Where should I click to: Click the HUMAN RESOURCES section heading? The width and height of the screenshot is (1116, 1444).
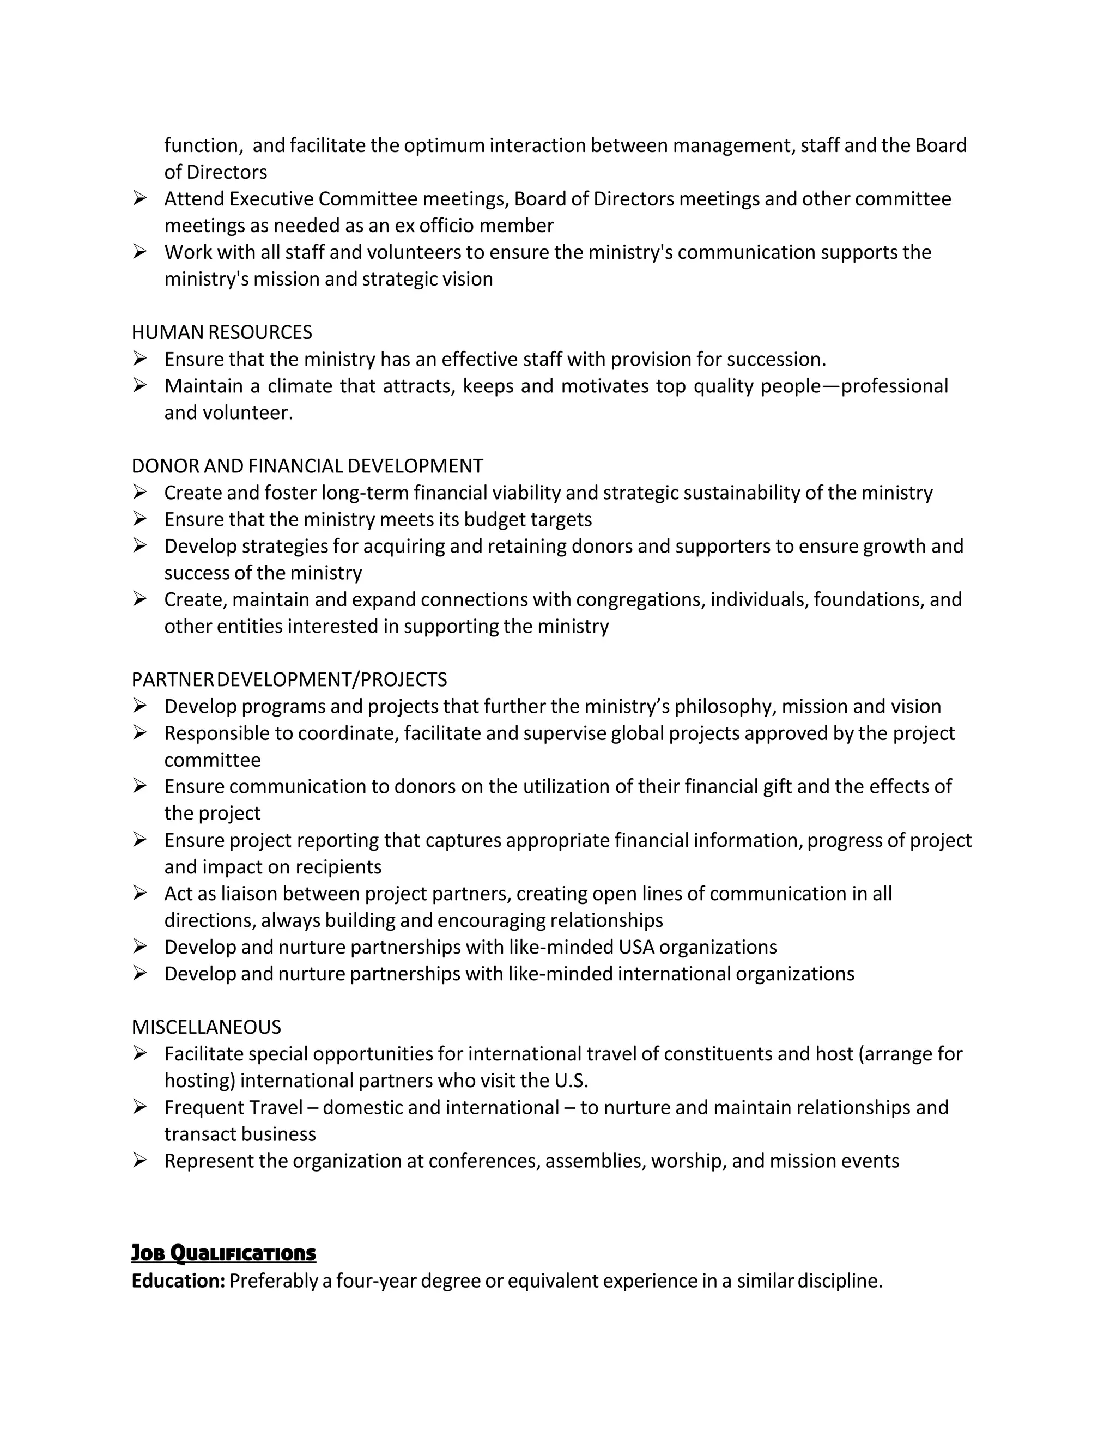click(221, 332)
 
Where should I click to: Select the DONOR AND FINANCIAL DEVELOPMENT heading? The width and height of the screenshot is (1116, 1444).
click(307, 466)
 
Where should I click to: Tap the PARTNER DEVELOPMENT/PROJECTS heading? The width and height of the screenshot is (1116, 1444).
click(289, 679)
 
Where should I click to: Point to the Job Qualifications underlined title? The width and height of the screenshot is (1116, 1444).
click(223, 1253)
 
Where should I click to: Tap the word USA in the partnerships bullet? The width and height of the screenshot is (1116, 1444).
click(636, 947)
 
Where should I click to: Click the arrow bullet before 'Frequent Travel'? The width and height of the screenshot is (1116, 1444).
click(139, 1107)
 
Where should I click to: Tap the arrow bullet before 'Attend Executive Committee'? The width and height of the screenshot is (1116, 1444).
click(139, 198)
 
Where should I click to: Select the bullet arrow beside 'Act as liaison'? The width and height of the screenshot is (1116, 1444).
click(139, 893)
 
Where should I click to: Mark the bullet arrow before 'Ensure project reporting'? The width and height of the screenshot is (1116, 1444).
click(139, 840)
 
